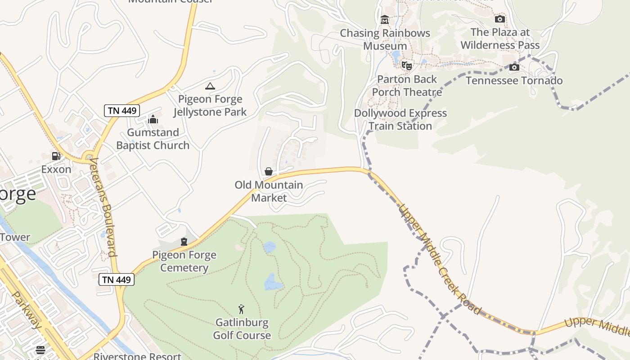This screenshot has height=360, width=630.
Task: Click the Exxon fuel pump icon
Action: tap(56, 156)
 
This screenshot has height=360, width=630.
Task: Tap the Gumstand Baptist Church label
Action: tap(153, 139)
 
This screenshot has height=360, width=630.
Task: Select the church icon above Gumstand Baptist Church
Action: tap(153, 119)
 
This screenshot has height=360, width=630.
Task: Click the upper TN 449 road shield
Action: tap(122, 111)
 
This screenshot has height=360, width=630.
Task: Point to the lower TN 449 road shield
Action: tap(117, 279)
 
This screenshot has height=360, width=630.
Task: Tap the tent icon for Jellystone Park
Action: tap(210, 86)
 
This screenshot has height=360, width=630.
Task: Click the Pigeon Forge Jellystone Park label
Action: tap(210, 106)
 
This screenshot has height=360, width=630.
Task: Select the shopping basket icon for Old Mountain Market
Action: tap(269, 171)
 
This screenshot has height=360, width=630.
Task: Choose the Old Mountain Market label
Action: tap(269, 191)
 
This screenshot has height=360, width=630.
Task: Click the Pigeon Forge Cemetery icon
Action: tap(184, 242)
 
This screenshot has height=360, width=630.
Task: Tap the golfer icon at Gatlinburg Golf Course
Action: tap(242, 309)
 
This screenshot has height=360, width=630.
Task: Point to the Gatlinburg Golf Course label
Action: tap(242, 329)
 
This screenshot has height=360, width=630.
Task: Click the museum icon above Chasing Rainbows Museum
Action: tap(385, 20)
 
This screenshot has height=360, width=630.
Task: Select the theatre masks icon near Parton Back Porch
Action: tap(407, 66)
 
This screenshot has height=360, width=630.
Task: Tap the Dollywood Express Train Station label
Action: tap(400, 119)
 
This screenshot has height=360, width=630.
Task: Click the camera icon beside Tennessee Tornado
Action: tap(514, 67)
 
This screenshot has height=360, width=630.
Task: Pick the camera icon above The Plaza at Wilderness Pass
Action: tap(499, 19)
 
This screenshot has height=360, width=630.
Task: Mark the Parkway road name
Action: tap(27, 310)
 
